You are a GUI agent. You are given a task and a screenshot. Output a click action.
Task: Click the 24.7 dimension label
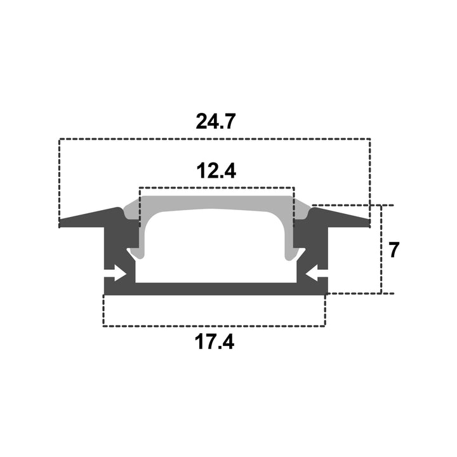click(x=215, y=121)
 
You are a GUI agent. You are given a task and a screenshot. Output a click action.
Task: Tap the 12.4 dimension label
click(x=216, y=171)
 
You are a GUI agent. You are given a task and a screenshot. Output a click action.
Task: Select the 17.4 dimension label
click(x=215, y=341)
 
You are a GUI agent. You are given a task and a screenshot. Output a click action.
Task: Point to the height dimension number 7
click(x=394, y=250)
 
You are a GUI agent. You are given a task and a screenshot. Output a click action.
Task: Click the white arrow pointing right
click(x=115, y=274)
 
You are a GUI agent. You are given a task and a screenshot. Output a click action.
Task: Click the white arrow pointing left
click(x=317, y=274)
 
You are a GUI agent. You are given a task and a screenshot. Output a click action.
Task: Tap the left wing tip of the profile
click(x=60, y=223)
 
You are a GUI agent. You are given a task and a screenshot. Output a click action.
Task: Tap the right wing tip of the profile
click(x=369, y=223)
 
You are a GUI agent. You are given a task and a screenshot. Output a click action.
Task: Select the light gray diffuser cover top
click(x=216, y=202)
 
